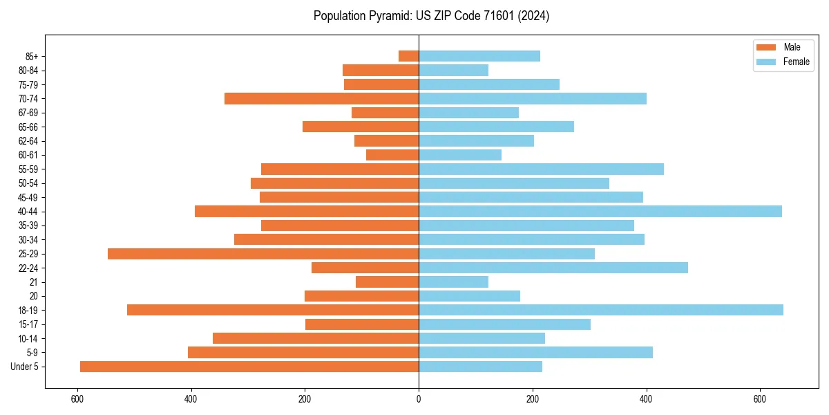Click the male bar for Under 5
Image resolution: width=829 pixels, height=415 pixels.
(249, 367)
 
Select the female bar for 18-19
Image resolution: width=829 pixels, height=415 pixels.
(601, 310)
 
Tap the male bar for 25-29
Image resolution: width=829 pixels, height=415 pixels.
(263, 254)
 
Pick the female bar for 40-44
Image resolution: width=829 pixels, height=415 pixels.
(600, 211)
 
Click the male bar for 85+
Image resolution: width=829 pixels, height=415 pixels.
(408, 56)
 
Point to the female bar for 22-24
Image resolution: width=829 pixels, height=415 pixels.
(553, 268)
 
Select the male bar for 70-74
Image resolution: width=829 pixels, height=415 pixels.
(321, 98)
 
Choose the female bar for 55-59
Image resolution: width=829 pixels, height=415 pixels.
(541, 169)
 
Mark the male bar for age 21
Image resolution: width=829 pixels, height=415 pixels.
(387, 282)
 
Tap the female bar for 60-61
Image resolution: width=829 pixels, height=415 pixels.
(459, 155)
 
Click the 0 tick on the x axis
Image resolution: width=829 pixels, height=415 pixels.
(419, 399)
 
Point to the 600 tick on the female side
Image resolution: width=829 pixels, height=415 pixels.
(759, 399)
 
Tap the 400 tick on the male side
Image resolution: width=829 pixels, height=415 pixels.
(191, 399)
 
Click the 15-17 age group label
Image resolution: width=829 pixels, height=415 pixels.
(28, 324)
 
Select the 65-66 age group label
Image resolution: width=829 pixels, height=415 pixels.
(28, 127)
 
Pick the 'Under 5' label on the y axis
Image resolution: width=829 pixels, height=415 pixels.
(25, 367)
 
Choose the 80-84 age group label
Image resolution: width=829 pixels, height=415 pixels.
(28, 71)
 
